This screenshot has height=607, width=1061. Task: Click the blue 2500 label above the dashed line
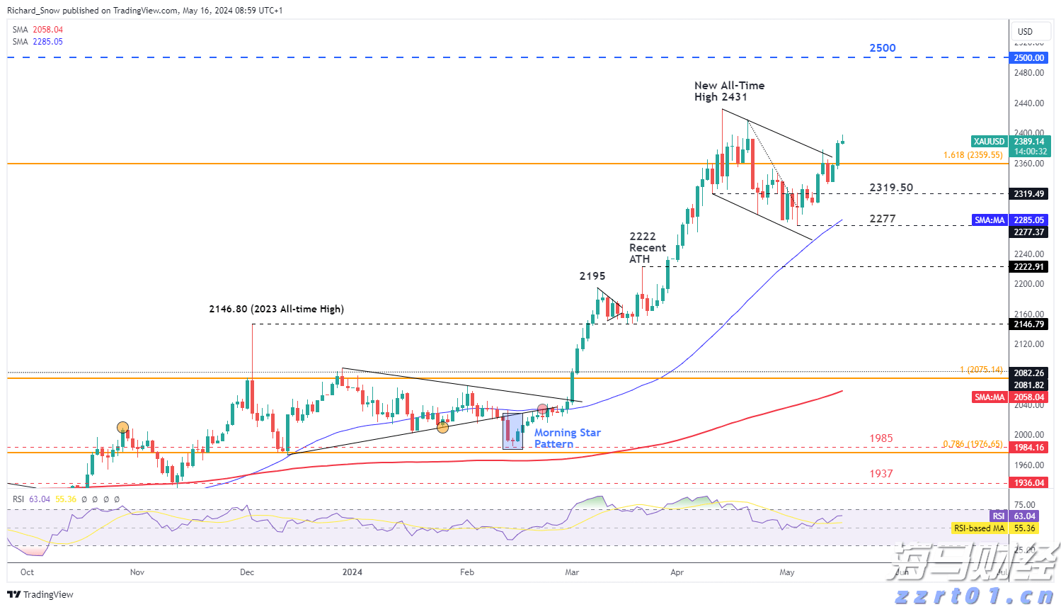point(882,48)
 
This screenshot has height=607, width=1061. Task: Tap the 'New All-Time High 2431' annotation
point(729,91)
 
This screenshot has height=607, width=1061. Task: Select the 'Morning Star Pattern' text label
point(567,438)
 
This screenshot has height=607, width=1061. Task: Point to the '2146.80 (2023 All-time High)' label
point(276,310)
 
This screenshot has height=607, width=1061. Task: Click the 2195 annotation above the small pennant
point(592,276)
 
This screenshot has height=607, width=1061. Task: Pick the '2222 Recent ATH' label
point(647,248)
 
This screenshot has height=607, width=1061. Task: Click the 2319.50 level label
point(891,188)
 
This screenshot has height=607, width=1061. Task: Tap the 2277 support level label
point(882,219)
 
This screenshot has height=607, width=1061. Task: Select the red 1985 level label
point(881,438)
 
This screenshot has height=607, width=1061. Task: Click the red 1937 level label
point(881,474)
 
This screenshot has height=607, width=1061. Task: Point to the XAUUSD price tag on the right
point(989,142)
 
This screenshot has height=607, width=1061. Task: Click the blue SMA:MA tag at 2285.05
point(990,220)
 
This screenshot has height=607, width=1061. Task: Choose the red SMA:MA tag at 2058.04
point(990,397)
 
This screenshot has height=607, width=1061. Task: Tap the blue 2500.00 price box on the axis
point(1028,58)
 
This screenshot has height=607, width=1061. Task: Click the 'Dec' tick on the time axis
point(247,572)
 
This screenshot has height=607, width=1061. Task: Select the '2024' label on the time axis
point(352,572)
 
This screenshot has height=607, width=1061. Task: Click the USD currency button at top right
point(1025,31)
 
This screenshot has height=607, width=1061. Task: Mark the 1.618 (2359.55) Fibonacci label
point(973,155)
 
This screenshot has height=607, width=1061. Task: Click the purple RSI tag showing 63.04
point(998,516)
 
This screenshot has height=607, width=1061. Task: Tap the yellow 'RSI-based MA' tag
point(979,528)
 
